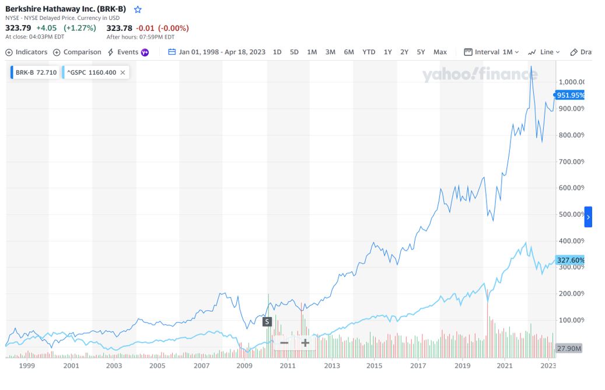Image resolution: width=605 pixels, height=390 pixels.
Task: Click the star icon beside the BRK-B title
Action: pos(138,9)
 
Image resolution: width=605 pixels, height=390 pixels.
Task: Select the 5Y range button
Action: pos(421,52)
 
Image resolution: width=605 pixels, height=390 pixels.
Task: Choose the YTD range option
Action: pos(369,52)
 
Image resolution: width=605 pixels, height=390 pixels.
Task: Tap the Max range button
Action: pos(440,52)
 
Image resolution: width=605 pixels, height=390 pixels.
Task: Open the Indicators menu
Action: pos(26,52)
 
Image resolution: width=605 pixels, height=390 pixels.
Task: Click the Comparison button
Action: pos(77,52)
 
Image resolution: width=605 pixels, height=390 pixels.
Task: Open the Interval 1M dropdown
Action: pos(491,52)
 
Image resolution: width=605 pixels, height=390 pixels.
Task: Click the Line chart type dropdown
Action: pos(544,52)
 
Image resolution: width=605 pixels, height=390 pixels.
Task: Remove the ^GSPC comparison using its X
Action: pos(124,73)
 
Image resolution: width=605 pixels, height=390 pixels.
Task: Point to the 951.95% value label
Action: pos(570,95)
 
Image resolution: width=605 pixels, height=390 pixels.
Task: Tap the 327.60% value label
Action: pos(570,260)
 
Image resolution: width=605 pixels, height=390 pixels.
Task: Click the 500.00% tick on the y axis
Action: pos(572,215)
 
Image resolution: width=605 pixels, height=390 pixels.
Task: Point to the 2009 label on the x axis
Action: pos(244,366)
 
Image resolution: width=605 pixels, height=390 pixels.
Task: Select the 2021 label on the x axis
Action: pos(505,366)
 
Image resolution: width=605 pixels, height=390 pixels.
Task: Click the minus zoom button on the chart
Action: pos(284,343)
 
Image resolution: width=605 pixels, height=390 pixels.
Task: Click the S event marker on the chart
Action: pos(267,321)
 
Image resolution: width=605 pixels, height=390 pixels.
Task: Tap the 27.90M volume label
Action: pos(569,348)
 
